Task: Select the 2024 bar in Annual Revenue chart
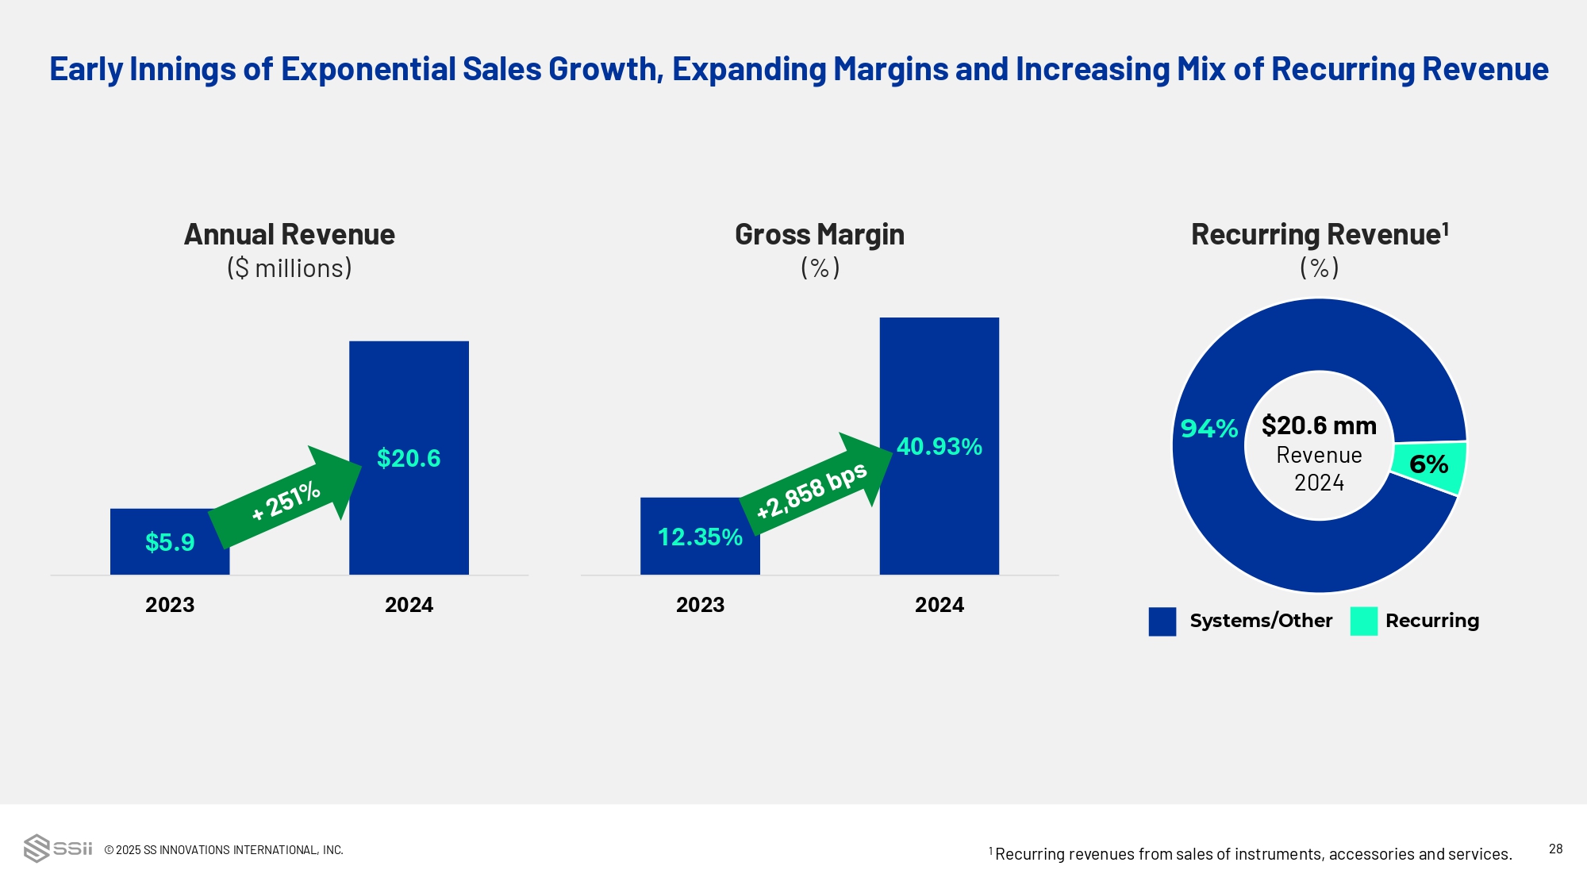coord(409,397)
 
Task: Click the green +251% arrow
coord(286,498)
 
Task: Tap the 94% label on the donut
coord(1209,429)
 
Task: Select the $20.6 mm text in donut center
coord(1319,426)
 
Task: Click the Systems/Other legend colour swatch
coord(1162,622)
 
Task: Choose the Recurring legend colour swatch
coord(1363,622)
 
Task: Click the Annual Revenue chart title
coord(290,235)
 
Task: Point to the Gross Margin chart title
coord(820,235)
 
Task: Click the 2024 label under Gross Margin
coord(939,605)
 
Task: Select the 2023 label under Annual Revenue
coord(170,605)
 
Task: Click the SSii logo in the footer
coord(58,848)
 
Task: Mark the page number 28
coord(1555,849)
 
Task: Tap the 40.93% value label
coord(939,447)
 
